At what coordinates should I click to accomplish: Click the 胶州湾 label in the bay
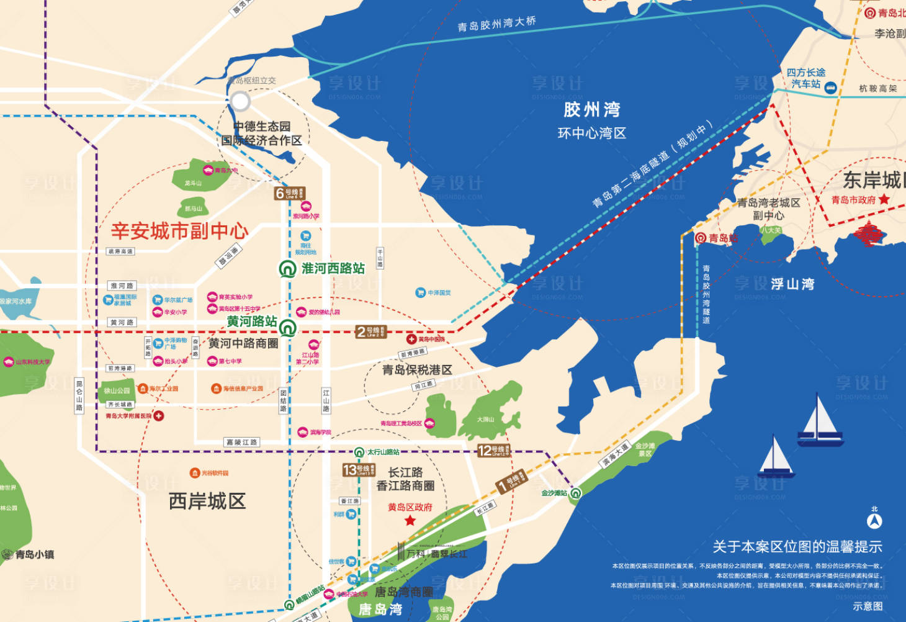pyautogui.click(x=591, y=110)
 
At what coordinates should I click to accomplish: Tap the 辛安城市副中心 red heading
pyautogui.click(x=179, y=231)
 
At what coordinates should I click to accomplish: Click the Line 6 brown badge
pyautogui.click(x=289, y=194)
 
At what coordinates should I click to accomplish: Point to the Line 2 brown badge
pyautogui.click(x=371, y=332)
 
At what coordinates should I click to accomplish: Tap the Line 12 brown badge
pyautogui.click(x=493, y=451)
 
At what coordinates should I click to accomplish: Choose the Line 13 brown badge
pyautogui.click(x=359, y=470)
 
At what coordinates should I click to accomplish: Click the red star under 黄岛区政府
pyautogui.click(x=410, y=520)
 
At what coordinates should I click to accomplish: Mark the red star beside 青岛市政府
pyautogui.click(x=884, y=199)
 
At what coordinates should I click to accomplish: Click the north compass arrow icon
pyautogui.click(x=874, y=521)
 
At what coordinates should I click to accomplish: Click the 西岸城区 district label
pyautogui.click(x=207, y=501)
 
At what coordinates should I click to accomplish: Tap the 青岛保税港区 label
pyautogui.click(x=417, y=370)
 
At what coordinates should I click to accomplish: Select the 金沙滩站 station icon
pyautogui.click(x=575, y=494)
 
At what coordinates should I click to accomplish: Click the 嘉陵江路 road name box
pyautogui.click(x=241, y=443)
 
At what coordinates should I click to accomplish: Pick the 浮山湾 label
pyautogui.click(x=792, y=284)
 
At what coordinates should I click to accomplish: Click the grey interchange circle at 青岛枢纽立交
pyautogui.click(x=240, y=101)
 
